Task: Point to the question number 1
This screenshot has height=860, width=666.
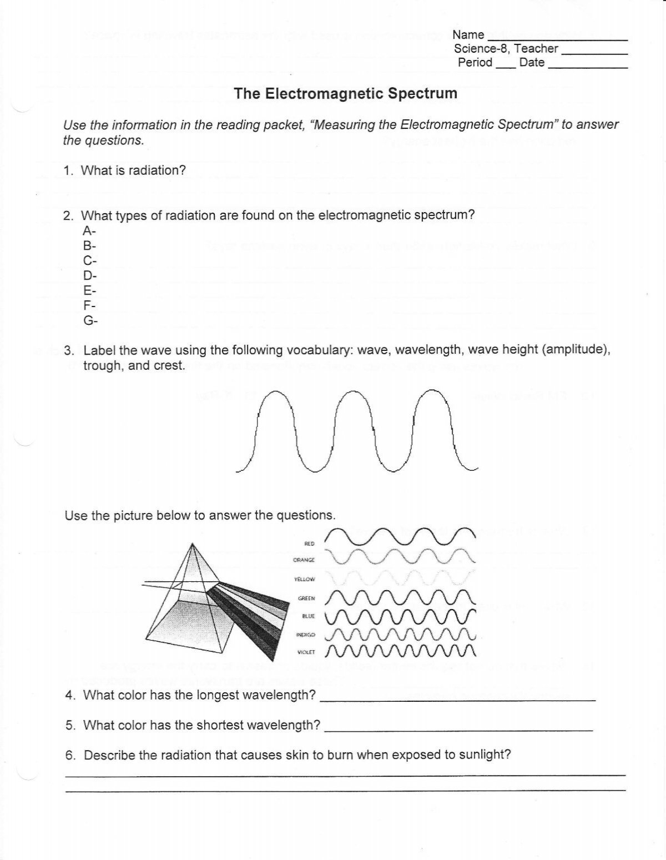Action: (x=68, y=171)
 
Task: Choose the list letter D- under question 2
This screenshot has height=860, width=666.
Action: (x=89, y=275)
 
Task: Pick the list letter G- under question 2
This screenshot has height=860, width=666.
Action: (x=90, y=320)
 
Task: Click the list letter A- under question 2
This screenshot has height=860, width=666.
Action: (x=89, y=230)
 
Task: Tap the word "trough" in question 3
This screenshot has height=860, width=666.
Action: (x=103, y=365)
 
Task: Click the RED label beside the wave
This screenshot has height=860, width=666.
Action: (x=310, y=544)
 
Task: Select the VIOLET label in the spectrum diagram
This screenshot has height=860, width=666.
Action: (x=306, y=652)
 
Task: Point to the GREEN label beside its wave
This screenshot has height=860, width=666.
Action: (x=306, y=599)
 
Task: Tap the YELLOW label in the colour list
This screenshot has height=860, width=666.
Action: (x=305, y=579)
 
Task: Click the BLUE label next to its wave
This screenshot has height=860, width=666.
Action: (x=308, y=616)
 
